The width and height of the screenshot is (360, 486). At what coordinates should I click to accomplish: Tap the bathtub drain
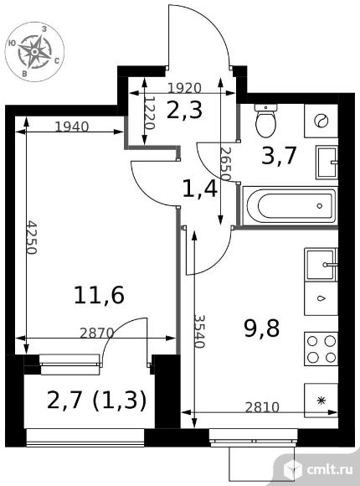[320, 206]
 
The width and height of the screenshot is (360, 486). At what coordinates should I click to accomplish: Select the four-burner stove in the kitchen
[321, 349]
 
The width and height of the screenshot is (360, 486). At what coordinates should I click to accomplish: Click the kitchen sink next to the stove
[321, 265]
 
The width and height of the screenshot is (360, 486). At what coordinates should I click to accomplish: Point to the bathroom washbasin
[327, 162]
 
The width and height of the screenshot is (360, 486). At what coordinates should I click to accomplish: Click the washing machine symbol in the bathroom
[321, 121]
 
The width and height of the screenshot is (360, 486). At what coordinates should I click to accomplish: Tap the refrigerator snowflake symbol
[322, 401]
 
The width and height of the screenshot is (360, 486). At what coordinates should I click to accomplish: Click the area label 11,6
[99, 295]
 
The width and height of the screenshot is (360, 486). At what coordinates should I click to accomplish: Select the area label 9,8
[262, 328]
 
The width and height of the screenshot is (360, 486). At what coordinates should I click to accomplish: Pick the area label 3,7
[279, 156]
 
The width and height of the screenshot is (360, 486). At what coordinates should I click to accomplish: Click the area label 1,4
[200, 189]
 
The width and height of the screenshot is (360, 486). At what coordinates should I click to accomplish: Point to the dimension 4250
[31, 237]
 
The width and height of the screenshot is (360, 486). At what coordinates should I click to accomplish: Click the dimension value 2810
[262, 407]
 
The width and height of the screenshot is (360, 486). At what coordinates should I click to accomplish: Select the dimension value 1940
[72, 127]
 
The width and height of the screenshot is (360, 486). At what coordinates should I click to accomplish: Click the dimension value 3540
[199, 331]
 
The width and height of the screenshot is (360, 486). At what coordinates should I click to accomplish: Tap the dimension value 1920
[185, 88]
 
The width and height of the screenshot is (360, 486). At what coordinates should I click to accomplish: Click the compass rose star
[34, 51]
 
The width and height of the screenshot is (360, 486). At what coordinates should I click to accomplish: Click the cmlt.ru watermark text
[330, 469]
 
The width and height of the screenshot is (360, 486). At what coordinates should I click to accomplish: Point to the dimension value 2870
[97, 333]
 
